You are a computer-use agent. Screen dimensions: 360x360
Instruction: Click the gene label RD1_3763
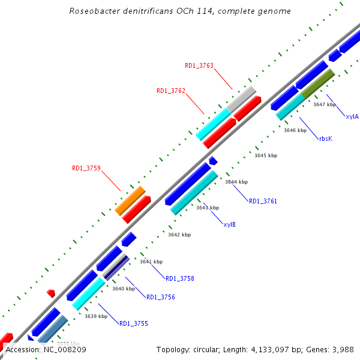(199, 66)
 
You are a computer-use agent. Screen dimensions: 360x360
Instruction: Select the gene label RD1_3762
(171, 91)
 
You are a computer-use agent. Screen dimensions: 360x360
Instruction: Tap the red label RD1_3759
(86, 169)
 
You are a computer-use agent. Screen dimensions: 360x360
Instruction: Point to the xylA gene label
(352, 116)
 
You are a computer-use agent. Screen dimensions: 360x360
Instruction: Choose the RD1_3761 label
(263, 201)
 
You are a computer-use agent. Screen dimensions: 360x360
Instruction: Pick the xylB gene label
(229, 224)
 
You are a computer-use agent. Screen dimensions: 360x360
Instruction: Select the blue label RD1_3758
(179, 278)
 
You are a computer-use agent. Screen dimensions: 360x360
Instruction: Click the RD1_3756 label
(161, 297)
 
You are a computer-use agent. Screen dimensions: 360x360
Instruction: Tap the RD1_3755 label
(133, 323)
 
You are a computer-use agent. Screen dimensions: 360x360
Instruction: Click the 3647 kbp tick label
(325, 104)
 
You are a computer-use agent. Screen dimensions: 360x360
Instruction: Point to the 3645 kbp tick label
(266, 155)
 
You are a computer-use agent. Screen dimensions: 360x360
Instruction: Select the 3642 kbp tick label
(179, 235)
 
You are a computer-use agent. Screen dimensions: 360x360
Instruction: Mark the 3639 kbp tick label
(96, 316)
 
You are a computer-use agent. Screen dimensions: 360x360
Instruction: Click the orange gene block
(130, 200)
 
